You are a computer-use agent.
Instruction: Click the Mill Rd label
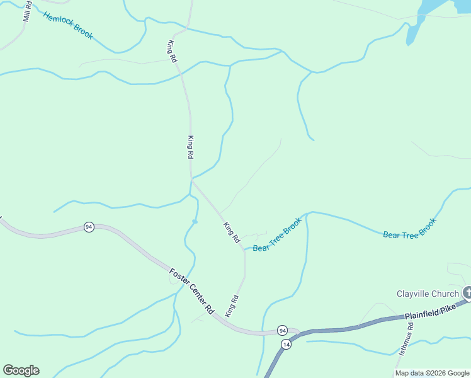pos(27,13)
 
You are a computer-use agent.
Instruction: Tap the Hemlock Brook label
pos(68,25)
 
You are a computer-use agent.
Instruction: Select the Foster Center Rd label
pos(192,292)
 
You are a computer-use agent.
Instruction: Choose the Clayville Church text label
pos(428,294)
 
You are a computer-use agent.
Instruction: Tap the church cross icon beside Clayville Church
pos(467,292)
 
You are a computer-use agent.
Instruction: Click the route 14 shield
pos(287,344)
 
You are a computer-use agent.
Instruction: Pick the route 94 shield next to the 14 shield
pos(282,330)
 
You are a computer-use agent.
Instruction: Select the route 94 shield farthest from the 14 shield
pos(89,227)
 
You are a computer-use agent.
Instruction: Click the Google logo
pos(21,370)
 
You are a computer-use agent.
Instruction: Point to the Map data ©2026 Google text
pos(432,373)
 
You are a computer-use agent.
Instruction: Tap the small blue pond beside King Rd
pos(195,221)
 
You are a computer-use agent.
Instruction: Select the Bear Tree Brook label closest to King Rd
pos(277,236)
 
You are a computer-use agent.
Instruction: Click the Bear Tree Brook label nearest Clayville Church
pos(409,227)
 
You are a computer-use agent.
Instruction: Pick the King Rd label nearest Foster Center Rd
pos(233,305)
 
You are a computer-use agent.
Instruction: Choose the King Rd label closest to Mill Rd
pos(171,50)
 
